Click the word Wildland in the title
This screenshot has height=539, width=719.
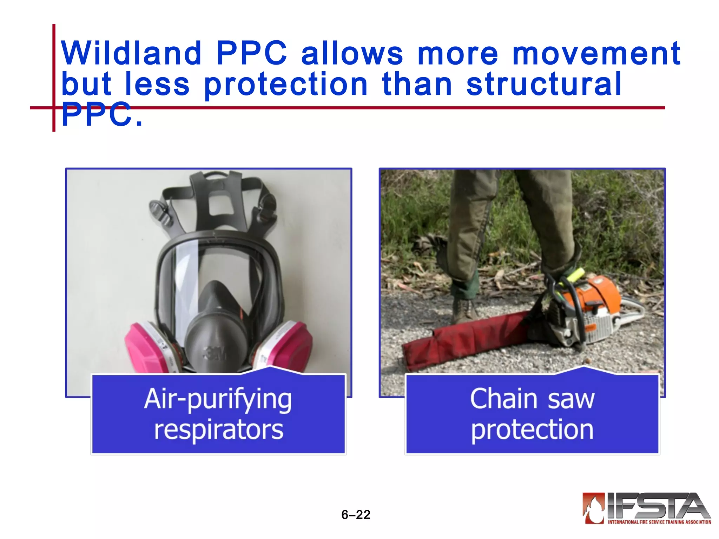(131, 53)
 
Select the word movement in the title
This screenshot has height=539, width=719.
(596, 53)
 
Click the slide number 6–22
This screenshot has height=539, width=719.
(356, 514)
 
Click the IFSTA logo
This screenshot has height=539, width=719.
(646, 508)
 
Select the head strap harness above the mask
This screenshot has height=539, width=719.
(214, 200)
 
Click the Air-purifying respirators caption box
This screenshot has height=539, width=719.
(218, 414)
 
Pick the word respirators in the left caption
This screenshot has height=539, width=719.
(218, 430)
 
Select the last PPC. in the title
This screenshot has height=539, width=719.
(102, 114)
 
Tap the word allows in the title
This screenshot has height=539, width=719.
(352, 53)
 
